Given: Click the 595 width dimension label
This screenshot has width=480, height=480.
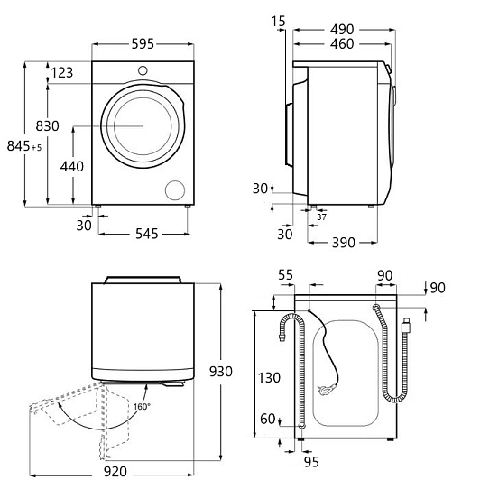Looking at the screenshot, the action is click(143, 44).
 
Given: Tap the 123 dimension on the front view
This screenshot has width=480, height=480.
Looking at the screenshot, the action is click(62, 73).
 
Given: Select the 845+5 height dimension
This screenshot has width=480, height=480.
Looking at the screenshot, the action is click(24, 146).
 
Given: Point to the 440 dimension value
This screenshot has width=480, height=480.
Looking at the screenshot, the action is click(72, 167).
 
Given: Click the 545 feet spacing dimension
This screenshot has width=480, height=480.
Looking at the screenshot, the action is click(147, 234).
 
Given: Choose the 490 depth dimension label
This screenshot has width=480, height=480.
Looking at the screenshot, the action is click(342, 30).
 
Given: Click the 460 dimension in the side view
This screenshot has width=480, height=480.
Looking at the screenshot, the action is click(342, 44).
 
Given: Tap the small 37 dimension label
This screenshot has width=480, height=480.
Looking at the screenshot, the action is click(321, 217).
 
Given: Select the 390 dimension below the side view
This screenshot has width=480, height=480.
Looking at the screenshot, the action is click(344, 243).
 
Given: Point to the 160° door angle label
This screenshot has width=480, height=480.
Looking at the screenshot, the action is click(142, 407).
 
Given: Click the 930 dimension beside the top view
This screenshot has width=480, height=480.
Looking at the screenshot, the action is click(221, 372).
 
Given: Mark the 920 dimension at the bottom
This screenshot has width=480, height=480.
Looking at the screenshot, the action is click(115, 471).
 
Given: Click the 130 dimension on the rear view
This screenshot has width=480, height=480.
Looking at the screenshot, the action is click(269, 378).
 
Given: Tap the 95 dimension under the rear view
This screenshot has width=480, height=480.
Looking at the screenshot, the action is click(311, 462).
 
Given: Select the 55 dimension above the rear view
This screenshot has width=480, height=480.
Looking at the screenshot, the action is click(286, 275).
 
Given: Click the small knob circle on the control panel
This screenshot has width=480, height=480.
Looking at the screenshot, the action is click(143, 70).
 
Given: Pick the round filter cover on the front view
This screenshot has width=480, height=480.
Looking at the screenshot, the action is click(175, 190).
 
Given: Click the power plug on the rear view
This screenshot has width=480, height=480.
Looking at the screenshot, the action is click(327, 390).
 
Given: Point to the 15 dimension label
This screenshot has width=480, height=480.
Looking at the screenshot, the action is click(278, 22).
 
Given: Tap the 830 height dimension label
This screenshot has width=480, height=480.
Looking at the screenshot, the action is click(48, 126).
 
